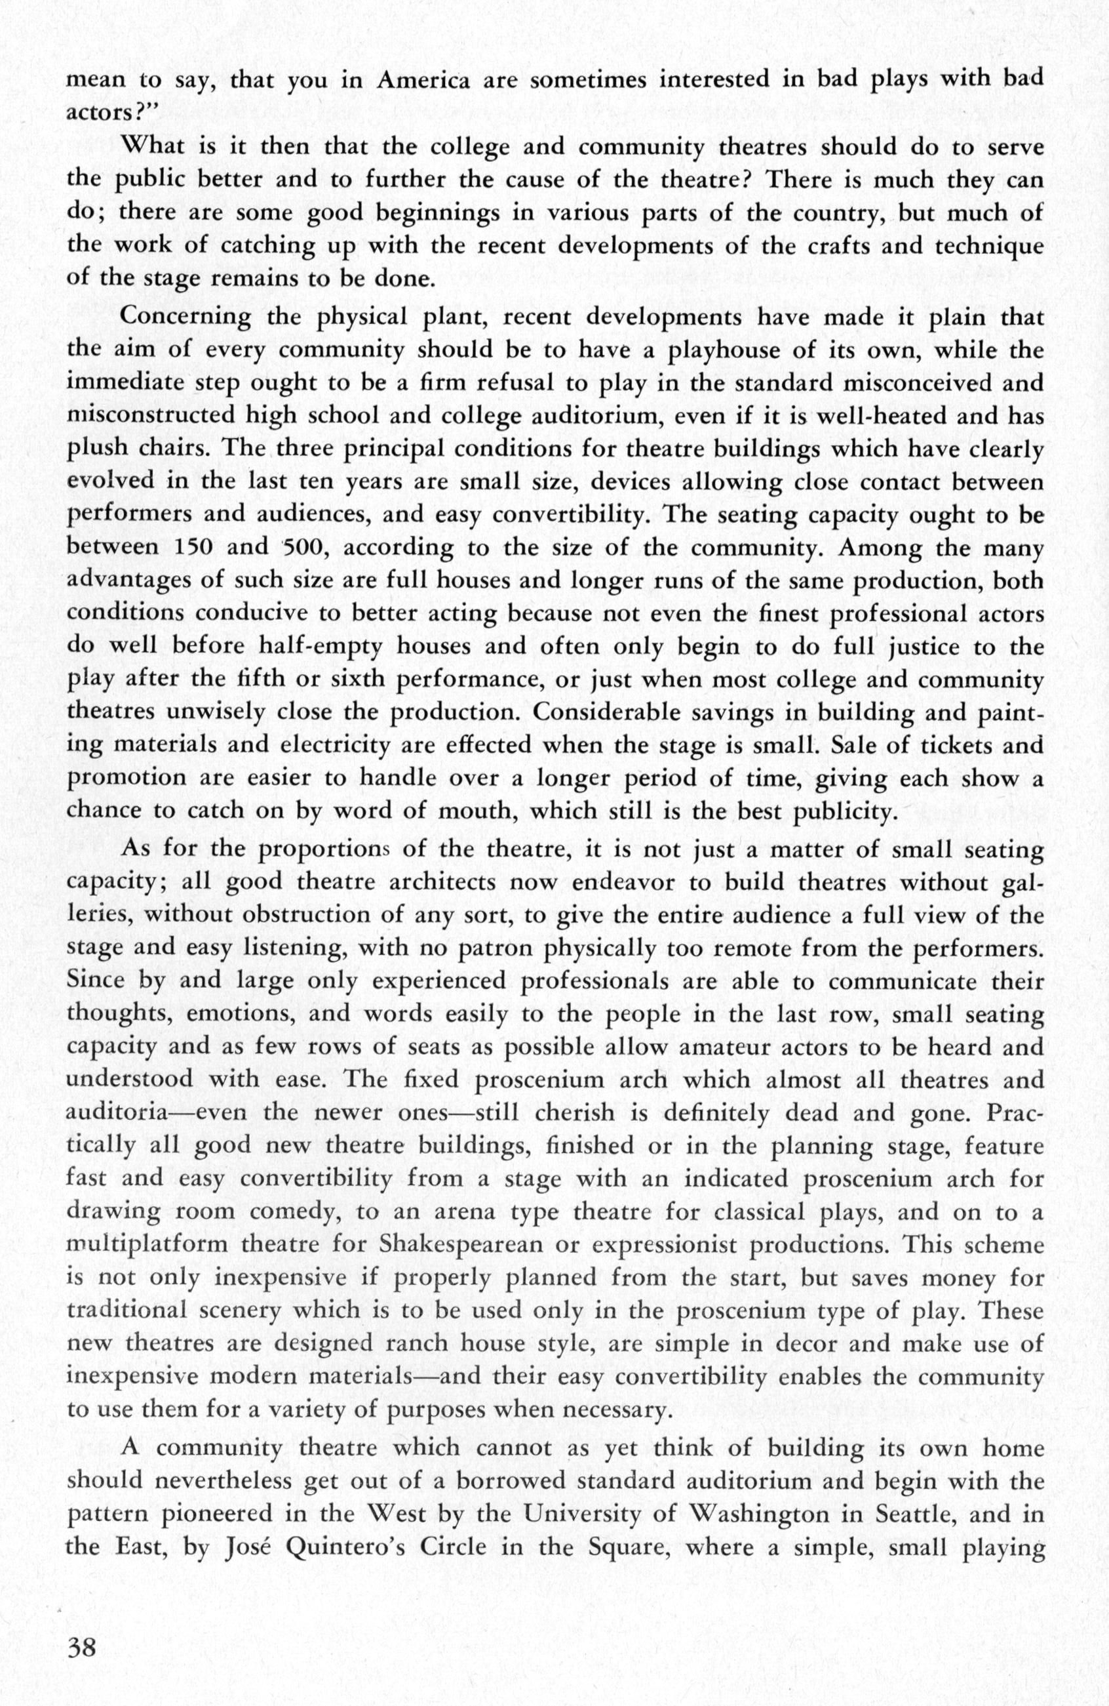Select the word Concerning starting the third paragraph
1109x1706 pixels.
[x=185, y=317]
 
